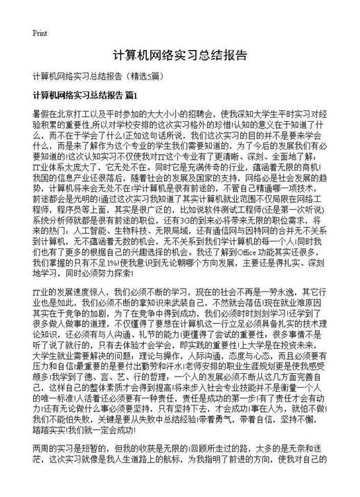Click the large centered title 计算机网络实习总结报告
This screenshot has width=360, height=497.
[179, 55]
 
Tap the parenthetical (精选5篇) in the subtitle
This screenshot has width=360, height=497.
[144, 75]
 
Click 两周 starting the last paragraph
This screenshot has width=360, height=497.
[41, 467]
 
